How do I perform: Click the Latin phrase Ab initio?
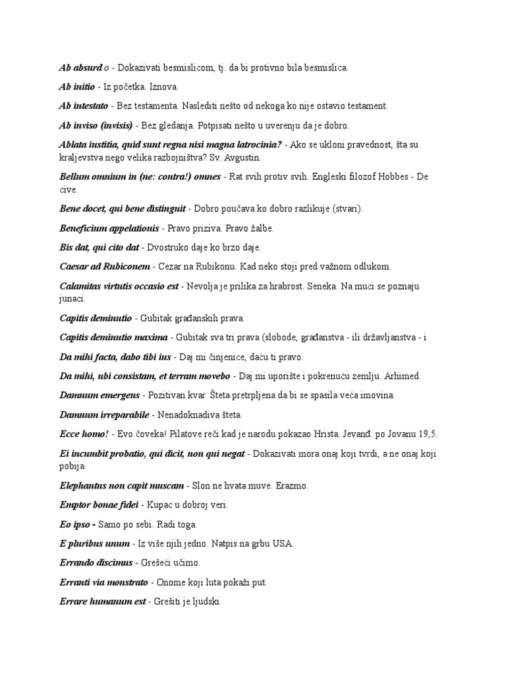pos(77,86)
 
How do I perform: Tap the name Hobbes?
pos(396,178)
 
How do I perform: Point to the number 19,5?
pos(426,434)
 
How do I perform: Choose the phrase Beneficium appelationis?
pos(109,228)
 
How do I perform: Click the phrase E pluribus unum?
pos(94,544)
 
